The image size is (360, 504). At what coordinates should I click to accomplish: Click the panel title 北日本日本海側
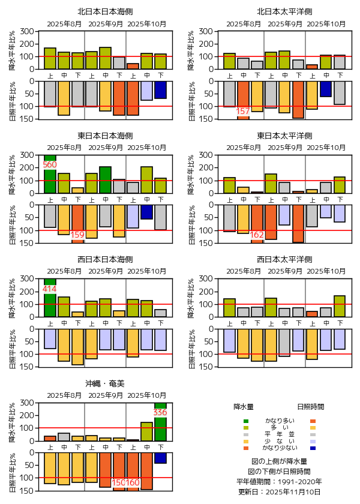(x=105, y=11)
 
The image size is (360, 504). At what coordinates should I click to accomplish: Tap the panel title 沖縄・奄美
(x=105, y=382)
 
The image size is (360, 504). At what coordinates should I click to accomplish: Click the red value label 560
(x=50, y=164)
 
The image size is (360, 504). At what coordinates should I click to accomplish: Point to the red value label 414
(x=50, y=289)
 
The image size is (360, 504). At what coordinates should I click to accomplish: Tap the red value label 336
(x=160, y=412)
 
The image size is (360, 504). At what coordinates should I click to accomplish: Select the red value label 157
(x=243, y=112)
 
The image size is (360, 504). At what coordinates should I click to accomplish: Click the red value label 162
(x=257, y=235)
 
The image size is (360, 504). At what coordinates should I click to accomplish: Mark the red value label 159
(x=77, y=235)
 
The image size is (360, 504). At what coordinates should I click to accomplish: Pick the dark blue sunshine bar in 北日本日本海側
(x=160, y=89)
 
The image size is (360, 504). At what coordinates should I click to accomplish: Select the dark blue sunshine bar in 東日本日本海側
(x=146, y=212)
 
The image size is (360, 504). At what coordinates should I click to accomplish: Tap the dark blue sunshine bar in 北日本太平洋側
(x=326, y=89)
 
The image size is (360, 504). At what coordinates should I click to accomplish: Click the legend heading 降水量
(x=244, y=406)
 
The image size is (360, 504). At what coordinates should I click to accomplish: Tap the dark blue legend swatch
(x=313, y=448)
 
